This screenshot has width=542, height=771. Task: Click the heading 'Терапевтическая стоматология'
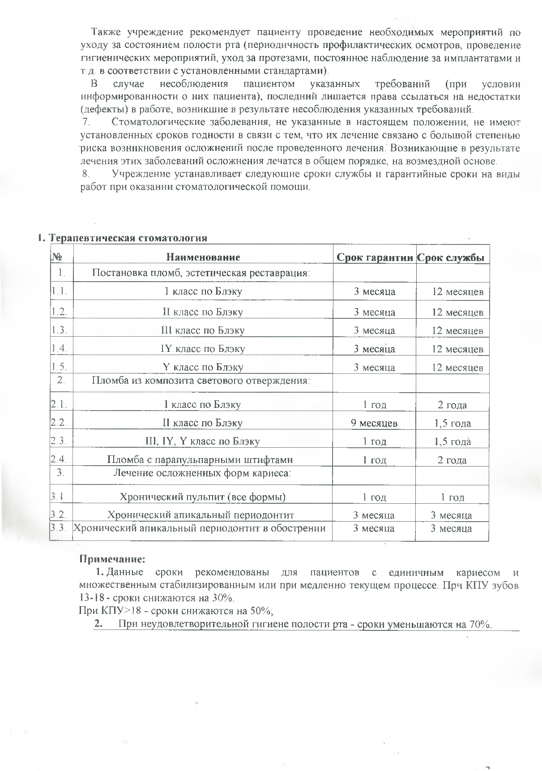click(127, 238)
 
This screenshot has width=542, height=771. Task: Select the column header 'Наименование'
click(203, 257)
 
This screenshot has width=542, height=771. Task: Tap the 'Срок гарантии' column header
click(375, 257)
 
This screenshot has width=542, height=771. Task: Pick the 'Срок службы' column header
click(452, 257)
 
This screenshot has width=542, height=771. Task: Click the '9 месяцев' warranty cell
click(375, 423)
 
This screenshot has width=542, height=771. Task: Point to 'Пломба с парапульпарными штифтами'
click(200, 460)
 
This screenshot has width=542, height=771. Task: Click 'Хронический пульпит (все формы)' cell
click(203, 497)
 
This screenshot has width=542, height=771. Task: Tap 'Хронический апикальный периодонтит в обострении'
click(199, 528)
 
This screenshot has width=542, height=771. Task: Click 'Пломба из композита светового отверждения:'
click(201, 381)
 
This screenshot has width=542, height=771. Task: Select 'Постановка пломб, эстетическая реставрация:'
click(201, 273)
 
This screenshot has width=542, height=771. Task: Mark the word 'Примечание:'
click(112, 559)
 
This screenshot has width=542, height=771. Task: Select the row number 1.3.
click(59, 330)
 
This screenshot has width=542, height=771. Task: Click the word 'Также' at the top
click(106, 32)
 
